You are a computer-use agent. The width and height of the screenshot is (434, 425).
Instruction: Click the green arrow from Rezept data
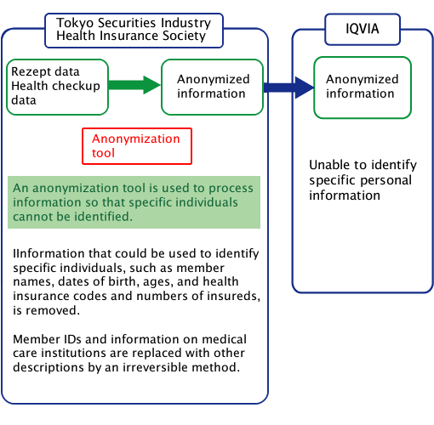(x=134, y=85)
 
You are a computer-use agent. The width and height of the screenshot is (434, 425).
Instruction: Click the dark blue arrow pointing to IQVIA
(x=288, y=88)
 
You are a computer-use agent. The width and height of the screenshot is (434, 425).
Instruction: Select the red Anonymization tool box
(x=137, y=146)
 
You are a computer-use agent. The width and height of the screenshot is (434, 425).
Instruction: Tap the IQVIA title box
(x=363, y=29)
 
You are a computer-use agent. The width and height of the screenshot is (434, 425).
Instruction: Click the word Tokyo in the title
(x=75, y=23)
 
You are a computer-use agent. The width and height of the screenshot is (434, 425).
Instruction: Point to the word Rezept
(x=31, y=72)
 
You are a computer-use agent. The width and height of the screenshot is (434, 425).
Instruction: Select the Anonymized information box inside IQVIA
(x=363, y=88)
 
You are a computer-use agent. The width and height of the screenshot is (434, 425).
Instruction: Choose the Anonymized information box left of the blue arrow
(x=213, y=87)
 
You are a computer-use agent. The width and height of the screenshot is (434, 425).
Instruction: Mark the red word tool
(x=103, y=153)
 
